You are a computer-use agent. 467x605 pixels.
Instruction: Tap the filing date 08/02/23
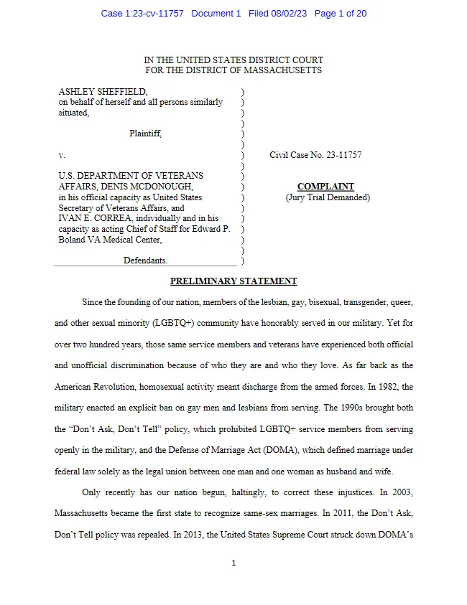pyautogui.click(x=289, y=14)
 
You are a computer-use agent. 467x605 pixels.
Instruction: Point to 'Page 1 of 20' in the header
pyautogui.click(x=341, y=14)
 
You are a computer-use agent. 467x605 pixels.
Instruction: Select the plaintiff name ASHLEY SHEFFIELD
pyautogui.click(x=103, y=92)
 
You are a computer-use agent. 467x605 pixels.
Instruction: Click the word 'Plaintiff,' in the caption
pyautogui.click(x=145, y=133)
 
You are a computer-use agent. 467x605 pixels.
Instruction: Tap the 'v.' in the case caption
pyautogui.click(x=62, y=154)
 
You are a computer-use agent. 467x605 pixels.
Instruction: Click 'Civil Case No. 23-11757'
pyautogui.click(x=315, y=154)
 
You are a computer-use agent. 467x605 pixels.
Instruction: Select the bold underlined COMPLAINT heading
pyautogui.click(x=325, y=187)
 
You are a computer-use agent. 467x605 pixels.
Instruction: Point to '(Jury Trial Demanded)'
pyautogui.click(x=327, y=197)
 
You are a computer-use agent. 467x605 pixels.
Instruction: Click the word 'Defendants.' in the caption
pyautogui.click(x=145, y=261)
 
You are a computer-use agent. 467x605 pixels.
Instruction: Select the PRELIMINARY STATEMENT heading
pyautogui.click(x=233, y=281)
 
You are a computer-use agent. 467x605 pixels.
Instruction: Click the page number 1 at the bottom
pyautogui.click(x=233, y=563)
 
